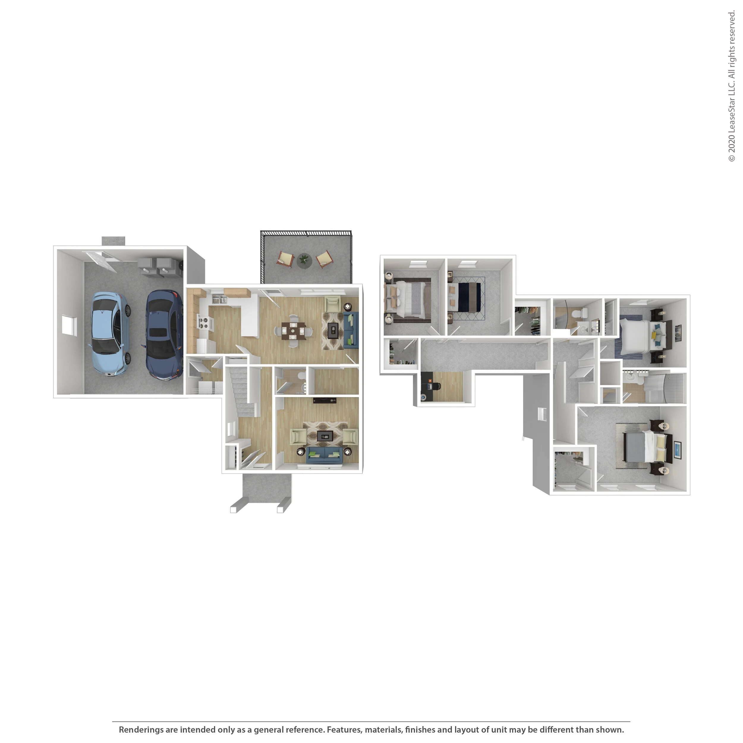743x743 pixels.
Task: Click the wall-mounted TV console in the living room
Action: tap(325, 401)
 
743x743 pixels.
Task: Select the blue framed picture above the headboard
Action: tap(677, 450)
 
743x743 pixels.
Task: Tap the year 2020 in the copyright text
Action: tap(731, 143)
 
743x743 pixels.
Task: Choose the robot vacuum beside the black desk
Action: tap(424, 397)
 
